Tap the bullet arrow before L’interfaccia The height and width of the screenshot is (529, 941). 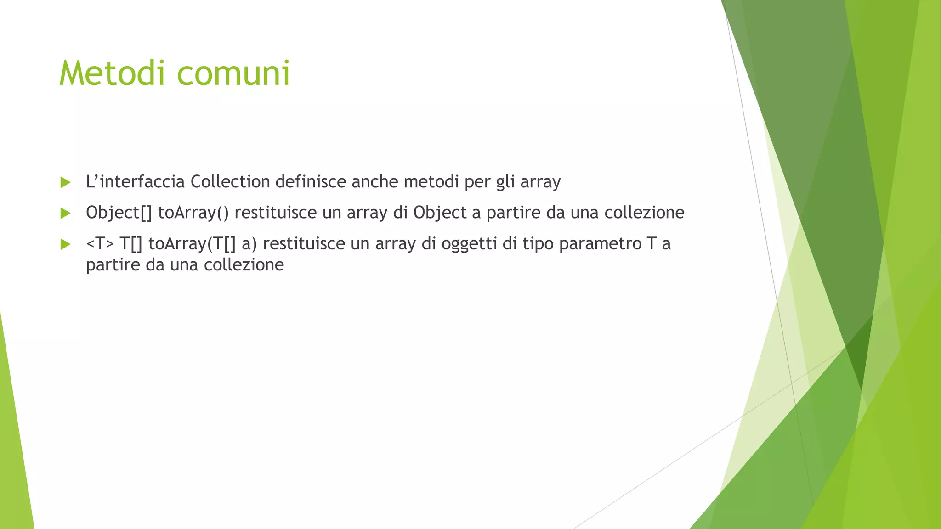coord(65,183)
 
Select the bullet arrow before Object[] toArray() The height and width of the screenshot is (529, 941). coord(65,213)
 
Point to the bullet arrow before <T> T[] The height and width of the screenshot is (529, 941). coord(65,244)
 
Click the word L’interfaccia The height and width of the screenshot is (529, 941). coord(135,182)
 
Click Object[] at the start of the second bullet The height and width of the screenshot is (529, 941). coord(119,213)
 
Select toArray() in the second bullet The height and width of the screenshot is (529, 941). coord(193,213)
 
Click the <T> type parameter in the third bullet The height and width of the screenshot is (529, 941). coord(100,243)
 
